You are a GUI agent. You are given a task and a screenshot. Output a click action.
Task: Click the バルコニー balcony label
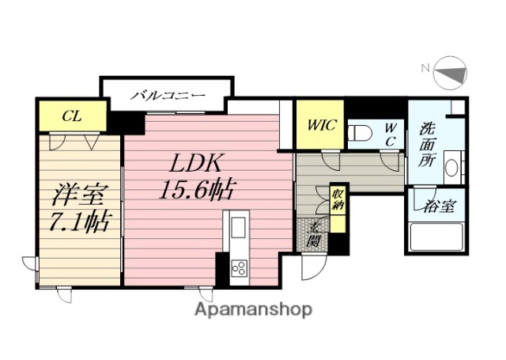[168, 96]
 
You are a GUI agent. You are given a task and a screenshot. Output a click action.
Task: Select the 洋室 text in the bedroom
[76, 194]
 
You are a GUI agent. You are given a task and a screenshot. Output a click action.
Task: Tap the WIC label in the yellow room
[320, 124]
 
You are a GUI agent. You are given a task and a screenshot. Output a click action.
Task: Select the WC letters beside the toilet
[390, 133]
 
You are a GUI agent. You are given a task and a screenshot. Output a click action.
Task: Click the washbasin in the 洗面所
[451, 169]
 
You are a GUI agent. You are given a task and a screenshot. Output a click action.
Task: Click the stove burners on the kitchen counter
[238, 270]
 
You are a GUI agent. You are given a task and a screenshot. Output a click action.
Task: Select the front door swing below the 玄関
[312, 269]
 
